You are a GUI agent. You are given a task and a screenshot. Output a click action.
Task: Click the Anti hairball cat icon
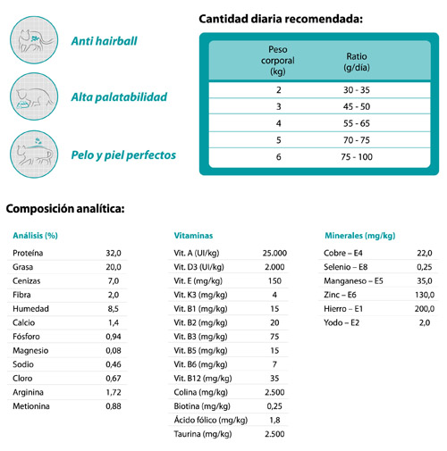coord(34,40)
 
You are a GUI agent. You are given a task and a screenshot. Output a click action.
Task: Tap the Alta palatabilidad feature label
coord(119,97)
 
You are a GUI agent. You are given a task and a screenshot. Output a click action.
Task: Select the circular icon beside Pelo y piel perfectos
coord(34,155)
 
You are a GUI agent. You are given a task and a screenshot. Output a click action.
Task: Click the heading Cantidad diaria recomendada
coord(281,19)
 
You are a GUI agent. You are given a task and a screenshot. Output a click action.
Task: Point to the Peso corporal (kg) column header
coord(278,61)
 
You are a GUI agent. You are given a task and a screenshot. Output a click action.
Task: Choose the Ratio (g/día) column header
coord(357,62)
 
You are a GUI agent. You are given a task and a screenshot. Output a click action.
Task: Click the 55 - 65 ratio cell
coord(357,123)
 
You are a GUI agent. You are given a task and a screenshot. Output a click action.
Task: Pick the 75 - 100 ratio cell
coord(357,156)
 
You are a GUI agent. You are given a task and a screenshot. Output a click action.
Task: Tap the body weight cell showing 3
coord(278,106)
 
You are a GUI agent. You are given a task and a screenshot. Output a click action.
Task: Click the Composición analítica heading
coord(65,209)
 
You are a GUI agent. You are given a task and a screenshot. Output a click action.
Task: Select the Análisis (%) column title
coord(35,236)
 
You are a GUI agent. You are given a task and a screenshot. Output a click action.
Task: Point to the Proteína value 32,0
coord(114,253)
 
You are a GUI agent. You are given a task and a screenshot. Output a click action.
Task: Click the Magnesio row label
coord(30,351)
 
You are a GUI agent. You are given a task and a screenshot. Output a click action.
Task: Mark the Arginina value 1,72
coord(114,392)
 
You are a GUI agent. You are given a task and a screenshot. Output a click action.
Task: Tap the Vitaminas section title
coord(193,236)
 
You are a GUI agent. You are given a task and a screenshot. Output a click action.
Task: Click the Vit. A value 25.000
coord(274,253)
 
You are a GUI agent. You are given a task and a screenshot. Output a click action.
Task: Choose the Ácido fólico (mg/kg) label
coord(211,420)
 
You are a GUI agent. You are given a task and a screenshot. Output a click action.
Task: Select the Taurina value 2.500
coord(274,434)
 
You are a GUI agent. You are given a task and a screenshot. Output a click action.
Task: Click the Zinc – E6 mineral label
coord(340,295)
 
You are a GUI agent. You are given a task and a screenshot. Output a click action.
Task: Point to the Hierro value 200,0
coord(425,309)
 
